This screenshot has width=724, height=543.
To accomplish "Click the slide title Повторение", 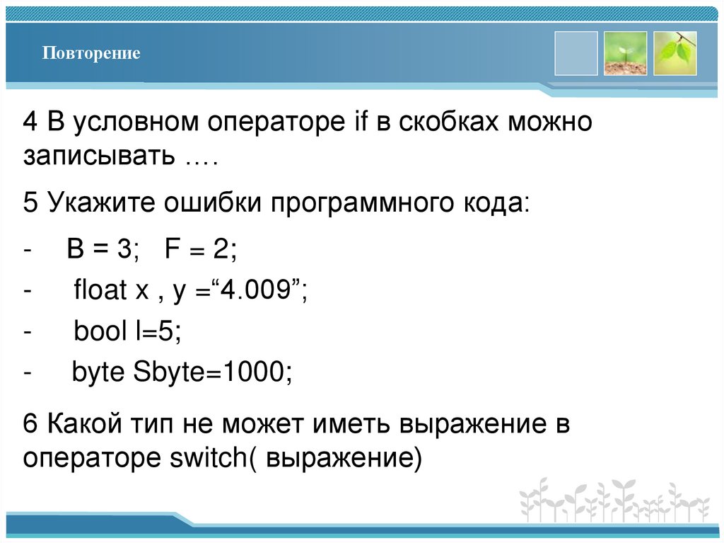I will (x=90, y=54).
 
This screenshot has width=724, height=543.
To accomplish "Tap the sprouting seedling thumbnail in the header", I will (x=625, y=53).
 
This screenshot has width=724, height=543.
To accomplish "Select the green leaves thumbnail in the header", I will (x=675, y=53).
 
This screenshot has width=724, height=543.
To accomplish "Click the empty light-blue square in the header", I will (x=576, y=53).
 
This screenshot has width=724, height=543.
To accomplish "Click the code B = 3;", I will (x=104, y=250).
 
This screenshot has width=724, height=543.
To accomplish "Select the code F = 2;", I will (x=200, y=250).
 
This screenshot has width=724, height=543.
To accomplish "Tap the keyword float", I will (x=98, y=290).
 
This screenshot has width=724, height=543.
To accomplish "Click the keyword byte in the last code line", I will (x=99, y=372).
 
